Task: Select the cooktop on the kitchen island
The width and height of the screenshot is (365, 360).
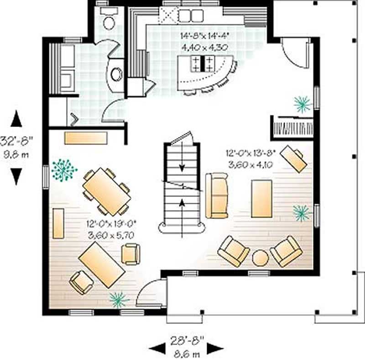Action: (202, 63)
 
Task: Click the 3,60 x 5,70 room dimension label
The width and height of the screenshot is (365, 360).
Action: (112, 234)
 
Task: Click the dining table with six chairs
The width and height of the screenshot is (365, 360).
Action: (106, 191)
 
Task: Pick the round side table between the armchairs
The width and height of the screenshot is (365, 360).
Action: (261, 258)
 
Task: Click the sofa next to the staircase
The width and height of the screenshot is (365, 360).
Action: (217, 196)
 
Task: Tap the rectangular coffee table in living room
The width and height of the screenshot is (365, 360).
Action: (261, 198)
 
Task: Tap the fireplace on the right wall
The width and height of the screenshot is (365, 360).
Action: (292, 127)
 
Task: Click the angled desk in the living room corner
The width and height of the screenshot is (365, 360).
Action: (293, 158)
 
